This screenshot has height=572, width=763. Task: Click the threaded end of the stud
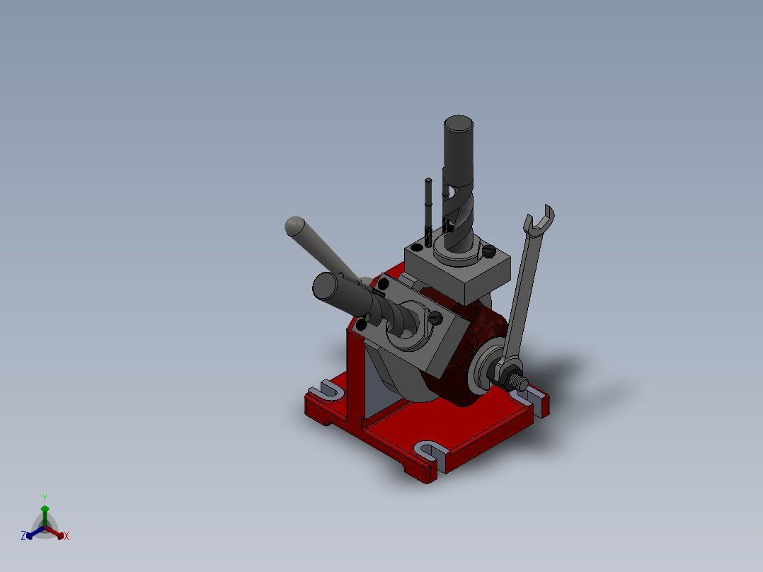tap(521, 384)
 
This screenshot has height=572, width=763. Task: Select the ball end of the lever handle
tap(295, 226)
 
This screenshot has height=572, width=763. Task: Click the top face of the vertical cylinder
tap(459, 123)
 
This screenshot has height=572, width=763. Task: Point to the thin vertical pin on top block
tap(428, 211)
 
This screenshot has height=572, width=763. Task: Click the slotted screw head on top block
tap(489, 251)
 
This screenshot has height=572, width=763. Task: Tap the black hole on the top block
tap(417, 248)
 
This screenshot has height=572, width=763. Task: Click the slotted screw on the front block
tap(435, 319)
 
